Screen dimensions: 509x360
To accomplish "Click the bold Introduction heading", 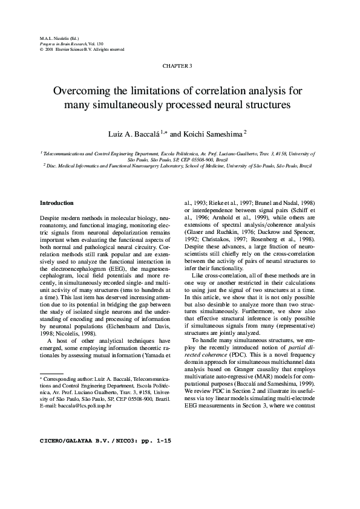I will coord(57,203).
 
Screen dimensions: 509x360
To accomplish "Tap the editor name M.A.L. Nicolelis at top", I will coord(52,37).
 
